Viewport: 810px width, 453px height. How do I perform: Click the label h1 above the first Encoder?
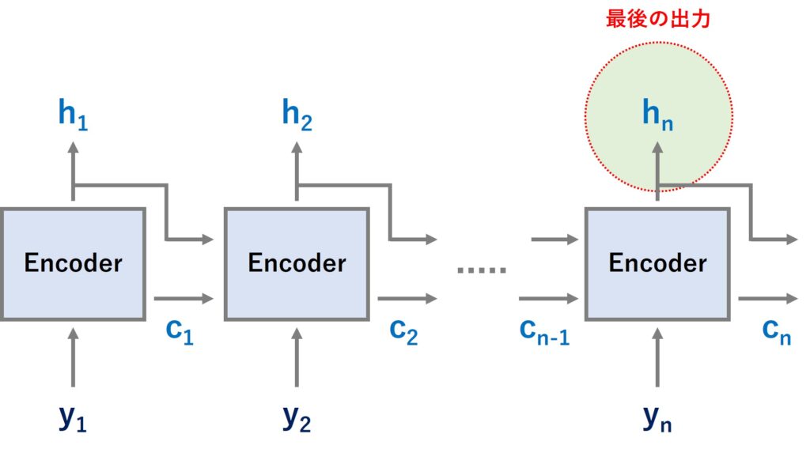click(x=73, y=115)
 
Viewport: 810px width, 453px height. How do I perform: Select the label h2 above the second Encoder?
click(x=297, y=115)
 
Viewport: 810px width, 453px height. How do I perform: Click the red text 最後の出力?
click(x=658, y=19)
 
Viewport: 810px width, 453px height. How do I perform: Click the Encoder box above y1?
click(x=73, y=263)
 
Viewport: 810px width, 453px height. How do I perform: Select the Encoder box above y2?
click(x=297, y=263)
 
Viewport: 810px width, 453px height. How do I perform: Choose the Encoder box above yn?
click(x=657, y=263)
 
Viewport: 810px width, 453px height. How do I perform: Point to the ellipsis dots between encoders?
click(x=481, y=270)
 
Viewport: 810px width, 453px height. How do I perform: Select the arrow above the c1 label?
click(x=184, y=299)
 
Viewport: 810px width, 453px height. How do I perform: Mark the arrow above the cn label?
click(x=768, y=299)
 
